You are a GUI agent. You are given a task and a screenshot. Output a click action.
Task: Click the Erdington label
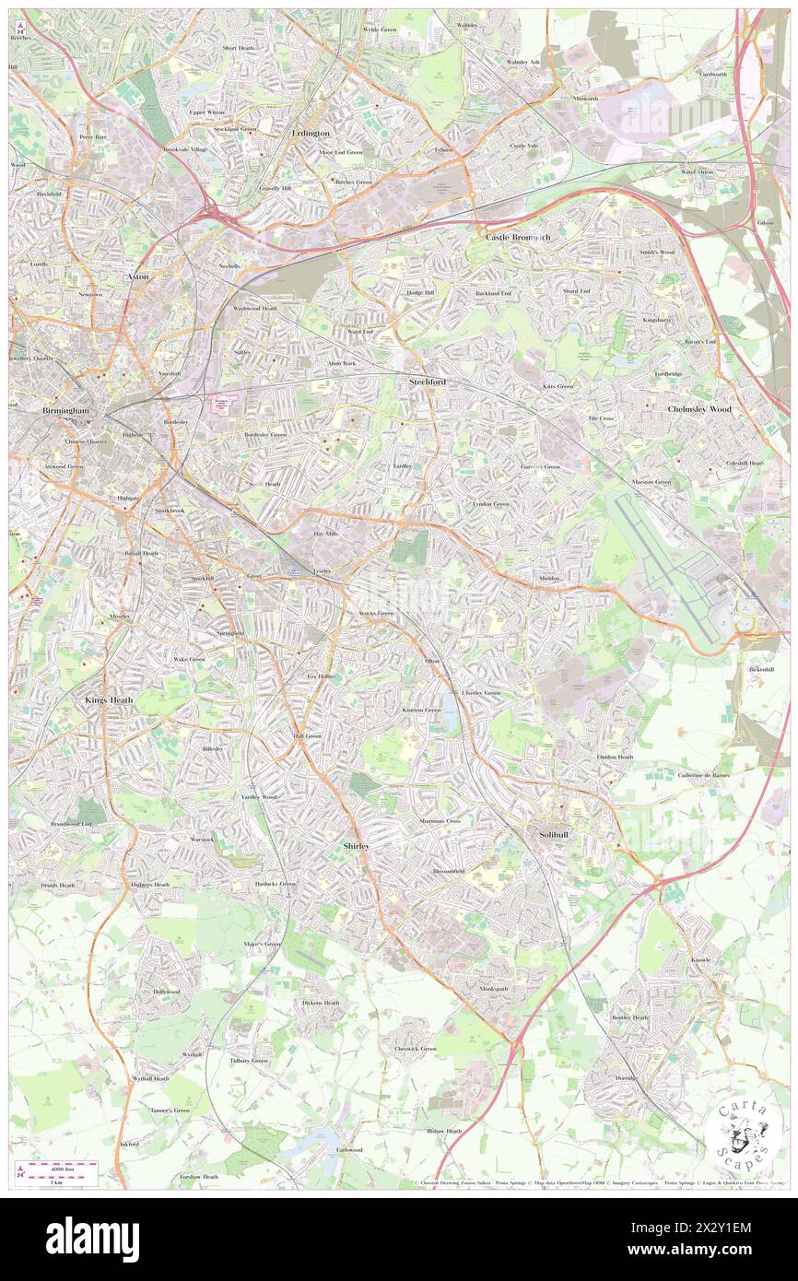[x=311, y=133]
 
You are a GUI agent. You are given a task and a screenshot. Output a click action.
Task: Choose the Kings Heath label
[x=109, y=699]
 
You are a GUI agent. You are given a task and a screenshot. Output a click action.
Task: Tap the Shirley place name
[x=356, y=845]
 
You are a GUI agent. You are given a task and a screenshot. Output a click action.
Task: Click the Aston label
[x=136, y=276]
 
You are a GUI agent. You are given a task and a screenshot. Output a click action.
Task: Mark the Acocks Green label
[x=370, y=613]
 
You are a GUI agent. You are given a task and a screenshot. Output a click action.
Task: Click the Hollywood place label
[x=167, y=992]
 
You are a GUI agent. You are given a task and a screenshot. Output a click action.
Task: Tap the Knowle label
[x=701, y=960]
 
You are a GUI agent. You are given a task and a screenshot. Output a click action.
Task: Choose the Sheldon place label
[x=549, y=578]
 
